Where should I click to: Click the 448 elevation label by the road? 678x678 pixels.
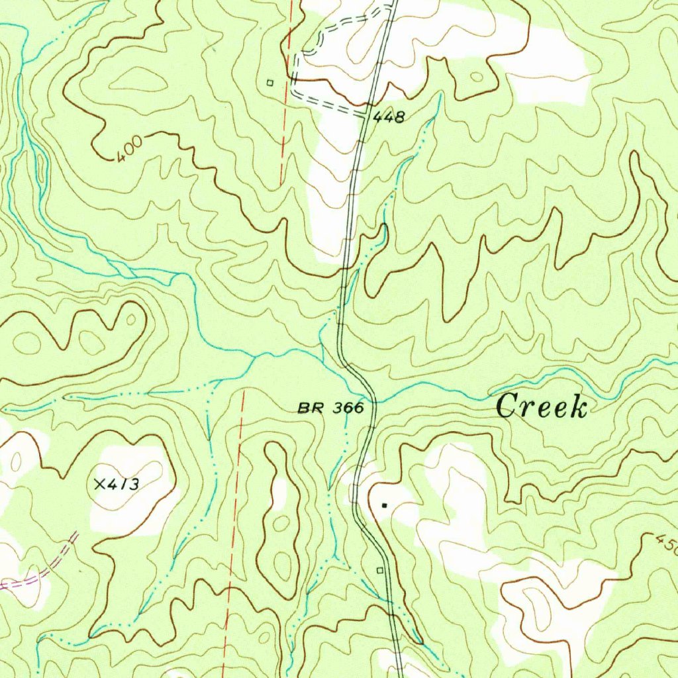click(388, 118)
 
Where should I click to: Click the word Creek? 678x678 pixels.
click(542, 406)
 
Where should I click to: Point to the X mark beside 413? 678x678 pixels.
click(100, 485)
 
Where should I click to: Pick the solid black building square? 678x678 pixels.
click(384, 506)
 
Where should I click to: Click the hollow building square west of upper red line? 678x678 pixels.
click(269, 83)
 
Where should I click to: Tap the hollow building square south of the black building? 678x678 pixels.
click(380, 569)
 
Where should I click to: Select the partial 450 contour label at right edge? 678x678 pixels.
click(665, 544)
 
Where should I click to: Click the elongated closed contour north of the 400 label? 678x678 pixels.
click(138, 81)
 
